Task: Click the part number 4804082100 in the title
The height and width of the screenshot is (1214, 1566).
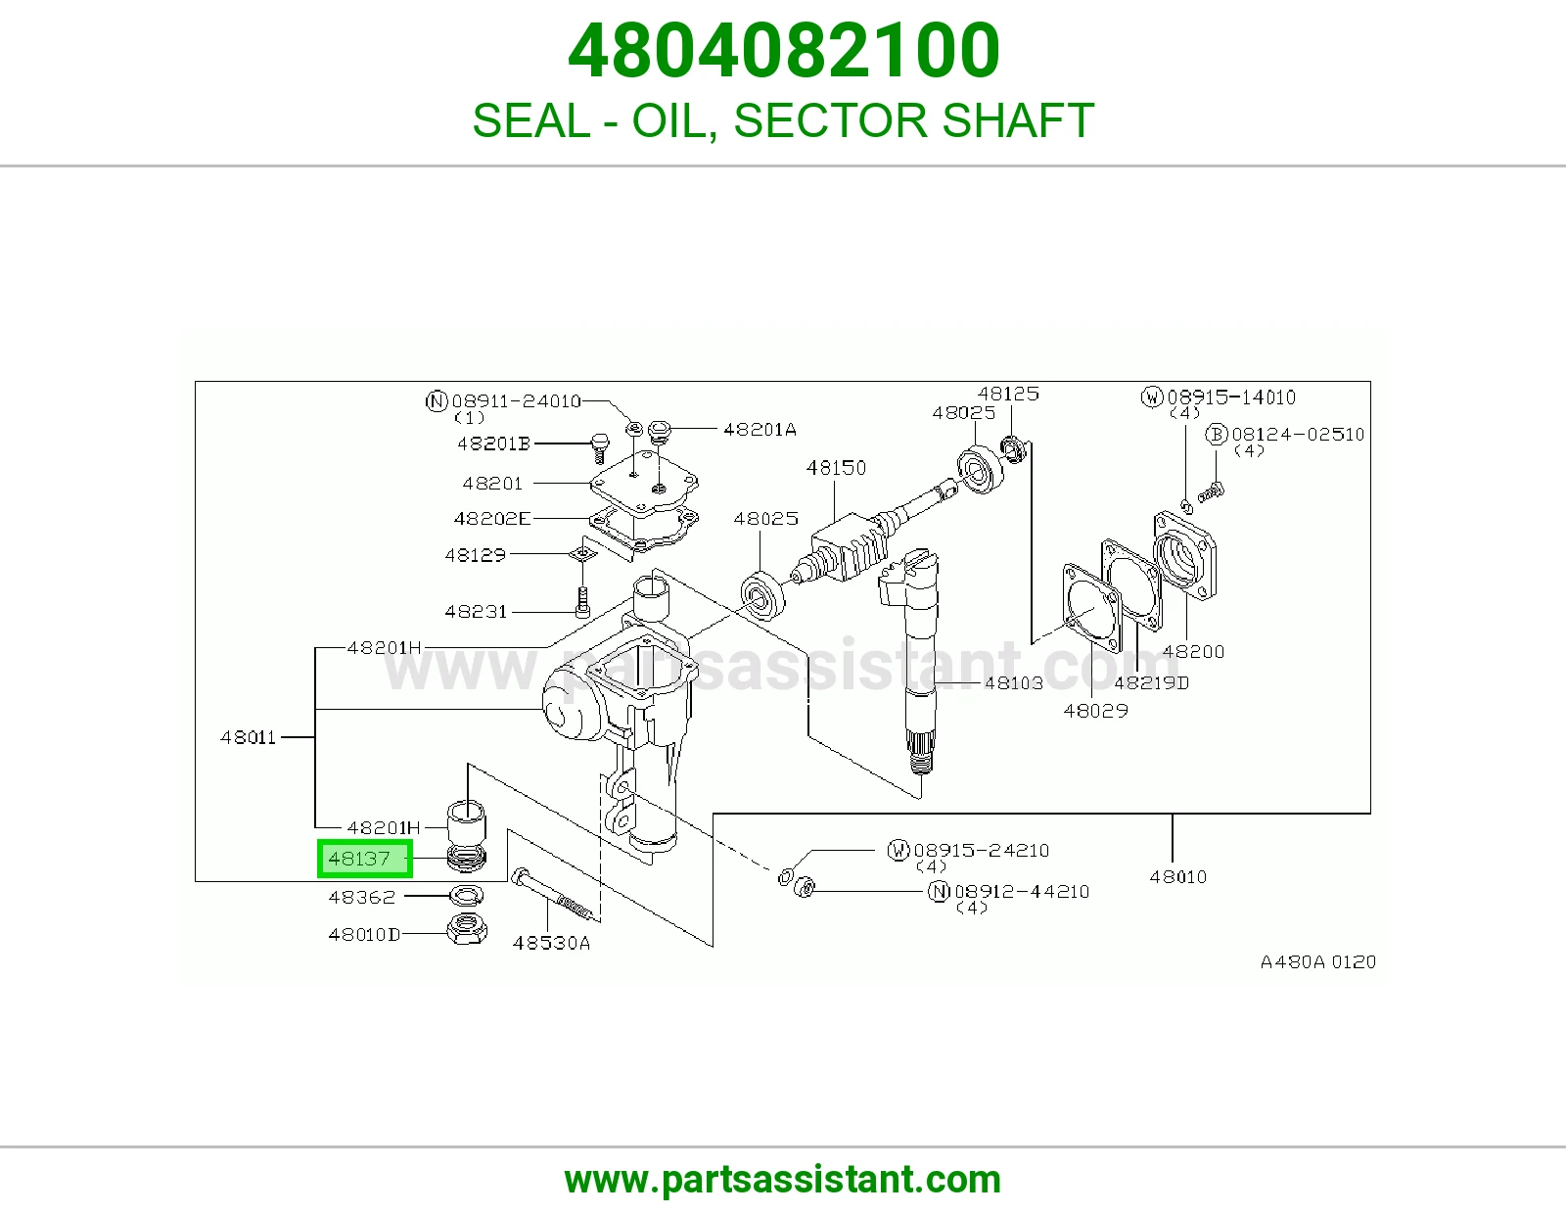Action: pos(783,51)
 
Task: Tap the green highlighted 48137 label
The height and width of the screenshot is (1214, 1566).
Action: pos(365,859)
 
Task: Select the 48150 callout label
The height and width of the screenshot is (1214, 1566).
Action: pos(836,468)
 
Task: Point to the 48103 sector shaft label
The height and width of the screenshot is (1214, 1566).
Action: pos(1013,682)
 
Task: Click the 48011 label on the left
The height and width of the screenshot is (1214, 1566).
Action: pos(248,737)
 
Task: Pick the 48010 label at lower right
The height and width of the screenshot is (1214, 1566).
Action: pos(1177,877)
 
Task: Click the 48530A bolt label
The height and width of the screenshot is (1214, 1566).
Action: pos(551,943)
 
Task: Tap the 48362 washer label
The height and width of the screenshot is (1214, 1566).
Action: pos(362,898)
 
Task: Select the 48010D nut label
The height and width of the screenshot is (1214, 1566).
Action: pos(364,935)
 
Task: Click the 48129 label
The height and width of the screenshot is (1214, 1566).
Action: pos(475,555)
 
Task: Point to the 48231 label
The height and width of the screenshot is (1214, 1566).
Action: pos(476,612)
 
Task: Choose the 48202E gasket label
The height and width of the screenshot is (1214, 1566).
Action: pos(492,518)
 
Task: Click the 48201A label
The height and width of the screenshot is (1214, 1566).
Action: pos(760,430)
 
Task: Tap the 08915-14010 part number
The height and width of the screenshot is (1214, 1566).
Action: pos(1231,397)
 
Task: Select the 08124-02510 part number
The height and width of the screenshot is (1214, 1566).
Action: pos(1298,435)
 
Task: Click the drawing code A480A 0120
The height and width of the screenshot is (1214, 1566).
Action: pos(1318,962)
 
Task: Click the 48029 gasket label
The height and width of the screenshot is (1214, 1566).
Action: pos(1095,711)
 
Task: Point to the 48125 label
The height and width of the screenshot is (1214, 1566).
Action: pos(1008,394)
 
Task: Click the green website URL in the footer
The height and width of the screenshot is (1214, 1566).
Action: pos(783,1180)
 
